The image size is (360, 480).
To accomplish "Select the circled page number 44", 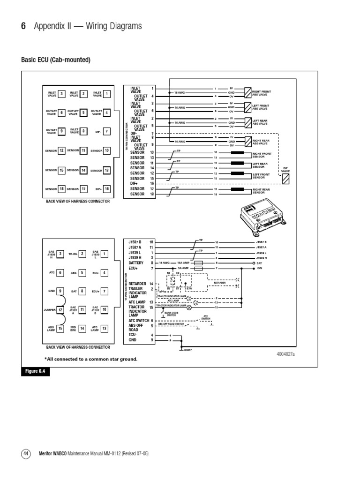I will click(26, 454).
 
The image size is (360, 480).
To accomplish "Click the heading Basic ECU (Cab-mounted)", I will click(55, 60).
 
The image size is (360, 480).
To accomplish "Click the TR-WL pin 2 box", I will click(82, 254).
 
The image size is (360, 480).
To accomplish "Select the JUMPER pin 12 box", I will click(60, 310).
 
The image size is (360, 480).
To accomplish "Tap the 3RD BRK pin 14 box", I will click(82, 329).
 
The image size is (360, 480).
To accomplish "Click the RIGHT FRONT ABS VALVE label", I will click(262, 93).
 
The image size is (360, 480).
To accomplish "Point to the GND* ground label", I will click(187, 350).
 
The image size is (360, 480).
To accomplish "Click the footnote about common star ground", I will click(91, 359).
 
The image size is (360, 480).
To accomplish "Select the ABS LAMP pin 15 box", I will click(60, 329).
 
